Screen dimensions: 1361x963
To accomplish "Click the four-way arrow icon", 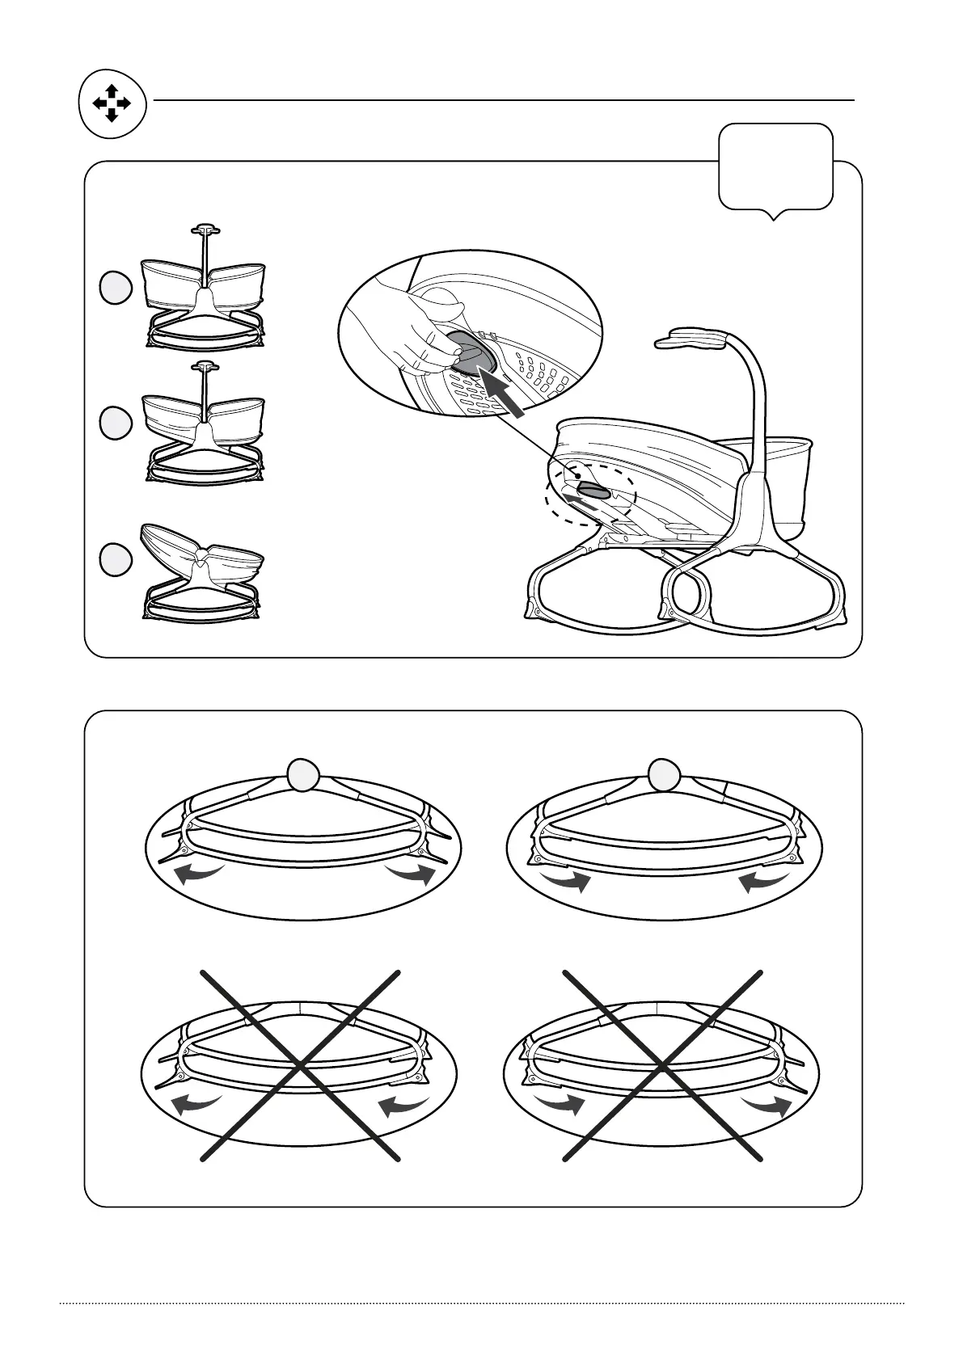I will [x=112, y=104].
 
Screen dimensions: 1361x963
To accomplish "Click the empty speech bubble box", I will [x=775, y=166].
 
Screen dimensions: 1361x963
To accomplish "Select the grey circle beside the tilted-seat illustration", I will [x=116, y=561].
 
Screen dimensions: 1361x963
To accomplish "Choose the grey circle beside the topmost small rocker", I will [x=116, y=288].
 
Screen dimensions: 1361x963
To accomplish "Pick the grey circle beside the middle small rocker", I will [x=116, y=423].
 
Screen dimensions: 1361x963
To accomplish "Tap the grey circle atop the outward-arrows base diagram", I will [x=302, y=776].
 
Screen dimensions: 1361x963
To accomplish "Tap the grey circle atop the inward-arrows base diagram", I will [x=664, y=776].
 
